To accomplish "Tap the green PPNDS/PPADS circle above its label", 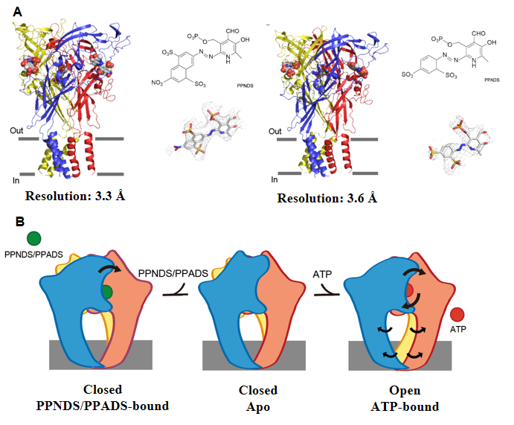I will pos(33,239).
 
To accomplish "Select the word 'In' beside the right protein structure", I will pos(274,179).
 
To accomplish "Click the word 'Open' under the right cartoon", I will pos(405,391).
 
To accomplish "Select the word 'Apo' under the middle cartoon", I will pos(257,407).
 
